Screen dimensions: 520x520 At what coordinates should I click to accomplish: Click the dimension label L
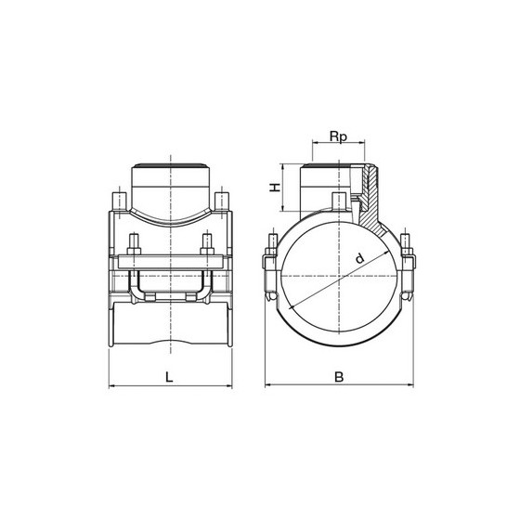coord(169,377)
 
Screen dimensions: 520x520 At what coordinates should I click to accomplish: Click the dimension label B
coord(339,377)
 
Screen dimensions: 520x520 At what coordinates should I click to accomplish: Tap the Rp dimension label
coord(338,136)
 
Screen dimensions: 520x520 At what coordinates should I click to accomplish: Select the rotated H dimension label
coord(275,188)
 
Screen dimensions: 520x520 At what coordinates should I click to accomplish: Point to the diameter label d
coord(359,258)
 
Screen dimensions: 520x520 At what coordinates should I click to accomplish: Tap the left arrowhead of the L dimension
coord(111,385)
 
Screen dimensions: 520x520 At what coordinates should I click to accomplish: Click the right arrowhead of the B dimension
coord(410,384)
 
